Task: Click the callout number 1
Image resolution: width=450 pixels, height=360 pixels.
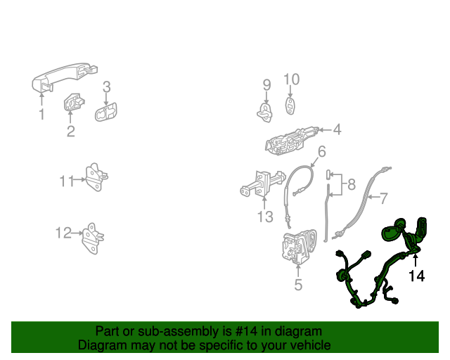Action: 42,114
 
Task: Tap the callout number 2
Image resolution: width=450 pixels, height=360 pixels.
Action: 70,131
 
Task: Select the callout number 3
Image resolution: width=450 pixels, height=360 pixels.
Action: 106,86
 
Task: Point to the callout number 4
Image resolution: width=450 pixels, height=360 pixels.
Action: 337,129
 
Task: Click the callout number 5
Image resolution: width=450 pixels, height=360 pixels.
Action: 298,285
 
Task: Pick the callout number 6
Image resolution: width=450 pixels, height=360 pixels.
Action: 322,151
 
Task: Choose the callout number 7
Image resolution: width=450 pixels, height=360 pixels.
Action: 383,198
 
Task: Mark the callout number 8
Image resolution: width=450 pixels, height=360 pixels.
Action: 352,184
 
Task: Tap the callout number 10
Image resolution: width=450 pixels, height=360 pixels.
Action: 292,79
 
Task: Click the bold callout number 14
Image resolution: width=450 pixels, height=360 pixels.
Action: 417,276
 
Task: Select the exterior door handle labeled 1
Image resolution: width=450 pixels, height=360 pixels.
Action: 65,77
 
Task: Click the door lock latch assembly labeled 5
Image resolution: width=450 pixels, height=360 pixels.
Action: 300,246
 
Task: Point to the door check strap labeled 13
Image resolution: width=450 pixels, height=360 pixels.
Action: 262,184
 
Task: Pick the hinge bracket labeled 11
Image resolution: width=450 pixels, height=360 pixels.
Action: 97,177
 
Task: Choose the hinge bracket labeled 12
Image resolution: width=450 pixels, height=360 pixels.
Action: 93,238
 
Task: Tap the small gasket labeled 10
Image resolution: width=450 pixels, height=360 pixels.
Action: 290,106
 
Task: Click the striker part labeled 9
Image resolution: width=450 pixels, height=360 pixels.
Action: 265,112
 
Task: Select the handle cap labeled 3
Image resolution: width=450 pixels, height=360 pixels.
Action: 106,112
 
